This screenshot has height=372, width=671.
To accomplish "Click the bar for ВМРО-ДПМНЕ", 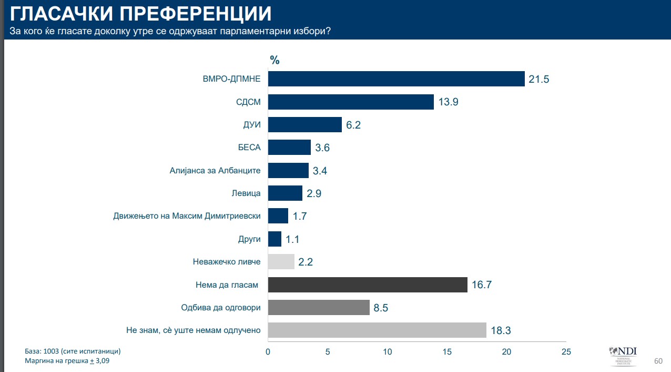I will [x=396, y=79].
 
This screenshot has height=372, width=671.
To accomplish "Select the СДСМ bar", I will [x=351, y=102].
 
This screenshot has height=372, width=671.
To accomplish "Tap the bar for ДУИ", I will [x=305, y=125].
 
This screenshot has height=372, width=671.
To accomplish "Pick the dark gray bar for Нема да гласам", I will [x=368, y=285].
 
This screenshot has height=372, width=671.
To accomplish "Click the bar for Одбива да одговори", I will [x=319, y=307].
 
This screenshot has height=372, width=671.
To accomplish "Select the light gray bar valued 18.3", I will [x=377, y=330].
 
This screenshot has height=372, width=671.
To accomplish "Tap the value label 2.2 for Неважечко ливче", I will [x=306, y=262].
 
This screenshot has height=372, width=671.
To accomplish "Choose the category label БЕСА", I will [x=249, y=148].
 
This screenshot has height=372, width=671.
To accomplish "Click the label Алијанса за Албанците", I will [x=215, y=171].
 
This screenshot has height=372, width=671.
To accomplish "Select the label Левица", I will [x=246, y=193].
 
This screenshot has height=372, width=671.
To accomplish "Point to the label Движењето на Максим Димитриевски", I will [x=187, y=216].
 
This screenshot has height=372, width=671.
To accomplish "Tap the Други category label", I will [x=249, y=239].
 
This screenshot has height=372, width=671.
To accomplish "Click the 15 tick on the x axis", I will [x=447, y=351].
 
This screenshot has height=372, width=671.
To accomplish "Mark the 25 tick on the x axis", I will [x=566, y=351].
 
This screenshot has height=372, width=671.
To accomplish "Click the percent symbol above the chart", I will [x=274, y=60].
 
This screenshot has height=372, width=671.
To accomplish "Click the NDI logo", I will [x=623, y=356].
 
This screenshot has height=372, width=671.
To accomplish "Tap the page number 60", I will [x=658, y=361].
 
